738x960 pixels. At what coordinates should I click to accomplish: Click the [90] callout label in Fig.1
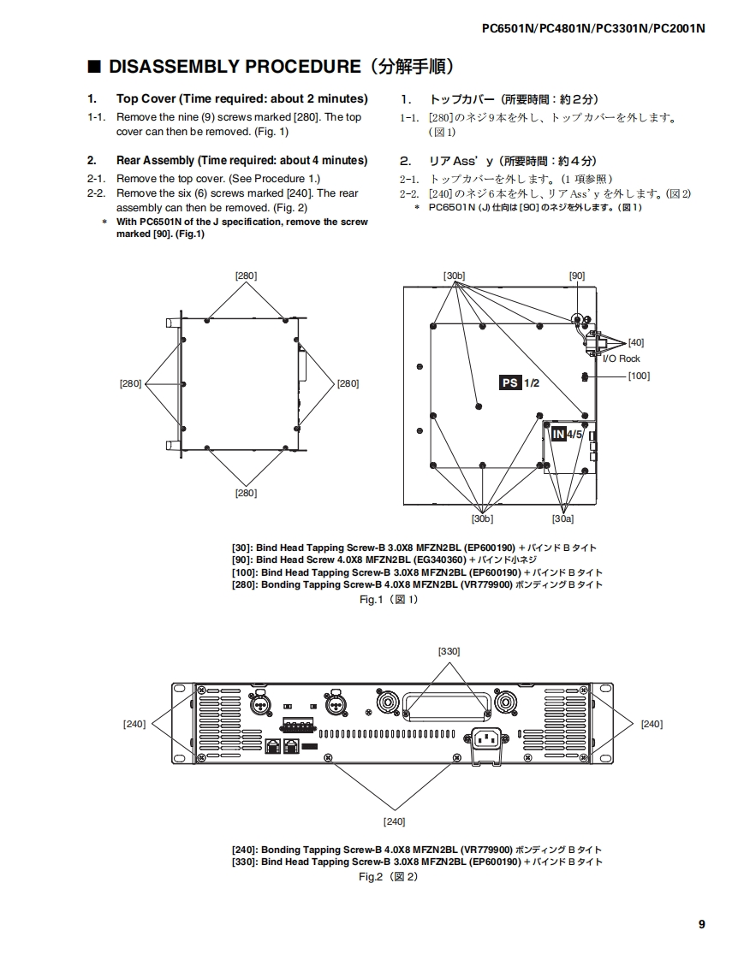[x=577, y=276]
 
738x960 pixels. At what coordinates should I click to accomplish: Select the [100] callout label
[x=639, y=376]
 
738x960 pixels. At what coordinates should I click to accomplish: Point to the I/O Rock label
[x=621, y=359]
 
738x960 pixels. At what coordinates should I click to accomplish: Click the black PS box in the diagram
[x=509, y=382]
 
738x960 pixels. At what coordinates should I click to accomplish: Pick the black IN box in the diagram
[x=557, y=434]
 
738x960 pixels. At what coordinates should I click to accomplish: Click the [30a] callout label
[x=562, y=519]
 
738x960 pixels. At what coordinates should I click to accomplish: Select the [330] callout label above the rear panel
[x=449, y=651]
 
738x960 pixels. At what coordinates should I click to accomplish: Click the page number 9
[x=701, y=923]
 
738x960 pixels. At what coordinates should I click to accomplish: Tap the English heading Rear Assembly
[x=158, y=160]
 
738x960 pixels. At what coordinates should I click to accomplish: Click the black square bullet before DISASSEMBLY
[x=95, y=67]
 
